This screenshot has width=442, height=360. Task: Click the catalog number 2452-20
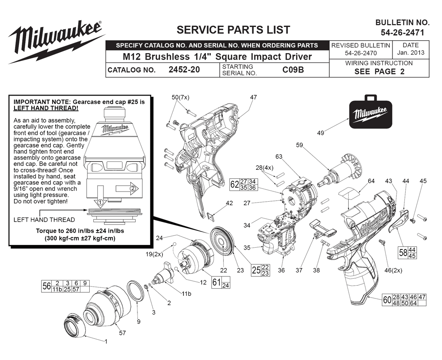tap(184, 69)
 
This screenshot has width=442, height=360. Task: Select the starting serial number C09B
tap(293, 69)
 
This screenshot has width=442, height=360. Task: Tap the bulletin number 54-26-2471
tap(403, 33)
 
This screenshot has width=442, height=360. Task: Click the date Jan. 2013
tap(411, 53)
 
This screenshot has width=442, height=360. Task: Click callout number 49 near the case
tap(320, 133)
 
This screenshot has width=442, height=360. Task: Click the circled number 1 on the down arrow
tap(99, 202)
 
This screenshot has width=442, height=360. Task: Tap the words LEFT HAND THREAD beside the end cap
tap(44, 220)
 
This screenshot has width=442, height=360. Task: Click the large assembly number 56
tap(46, 286)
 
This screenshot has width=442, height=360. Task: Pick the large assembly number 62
tap(235, 184)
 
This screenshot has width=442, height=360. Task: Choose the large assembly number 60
tap(387, 300)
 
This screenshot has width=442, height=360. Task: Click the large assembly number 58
tap(403, 253)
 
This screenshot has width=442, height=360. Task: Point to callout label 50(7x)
tap(180, 97)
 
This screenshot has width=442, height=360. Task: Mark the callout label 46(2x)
tap(393, 270)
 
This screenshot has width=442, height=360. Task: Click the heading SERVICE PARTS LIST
tap(233, 30)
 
